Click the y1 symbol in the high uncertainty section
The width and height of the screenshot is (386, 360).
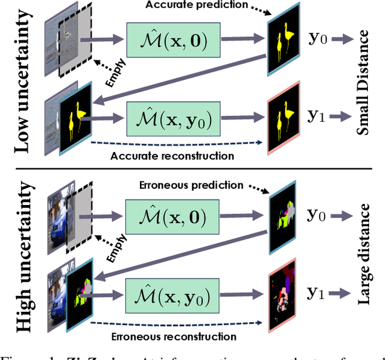tap(313, 293)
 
